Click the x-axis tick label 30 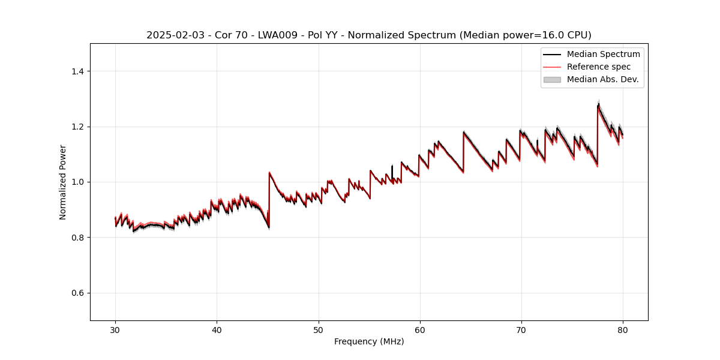pos(115,329)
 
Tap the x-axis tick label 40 pos(217,329)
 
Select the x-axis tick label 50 pos(319,329)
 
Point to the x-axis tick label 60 pos(420,329)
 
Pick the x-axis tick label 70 pos(521,329)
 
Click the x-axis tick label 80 pos(623,329)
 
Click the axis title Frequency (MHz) pos(369,341)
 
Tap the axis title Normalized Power pos(63,182)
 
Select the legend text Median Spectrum pos(603,54)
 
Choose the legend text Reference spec pos(598,67)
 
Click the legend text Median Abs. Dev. pos(602,79)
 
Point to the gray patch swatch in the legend pos(552,79)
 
